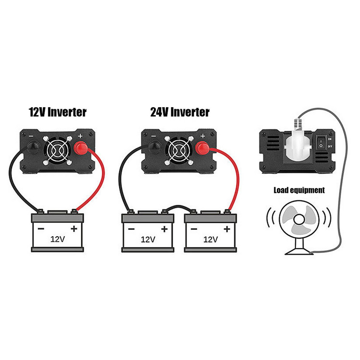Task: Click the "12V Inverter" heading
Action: pyautogui.click(x=57, y=112)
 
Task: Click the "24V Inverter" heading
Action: pyautogui.click(x=180, y=112)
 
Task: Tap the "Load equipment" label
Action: pyautogui.click(x=299, y=190)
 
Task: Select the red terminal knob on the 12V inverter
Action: pyautogui.click(x=80, y=148)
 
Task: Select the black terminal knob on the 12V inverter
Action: pyautogui.click(x=34, y=147)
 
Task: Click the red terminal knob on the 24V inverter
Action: pyautogui.click(x=202, y=148)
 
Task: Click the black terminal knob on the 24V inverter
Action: pyautogui.click(x=155, y=147)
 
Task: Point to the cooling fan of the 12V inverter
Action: pyautogui.click(x=57, y=151)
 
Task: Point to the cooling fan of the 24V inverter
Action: pyautogui.click(x=179, y=151)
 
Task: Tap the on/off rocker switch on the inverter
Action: pyautogui.click(x=321, y=142)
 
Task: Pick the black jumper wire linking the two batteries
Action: pyautogui.click(x=179, y=207)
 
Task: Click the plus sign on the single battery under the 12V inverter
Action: pyautogui.click(x=74, y=229)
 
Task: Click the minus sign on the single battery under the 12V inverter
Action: pyautogui.click(x=41, y=229)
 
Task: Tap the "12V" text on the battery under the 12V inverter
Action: pyautogui.click(x=57, y=239)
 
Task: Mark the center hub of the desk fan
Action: pyautogui.click(x=299, y=220)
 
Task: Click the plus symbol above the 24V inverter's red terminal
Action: pyautogui.click(x=203, y=136)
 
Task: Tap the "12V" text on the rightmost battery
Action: pyautogui.click(x=211, y=239)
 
